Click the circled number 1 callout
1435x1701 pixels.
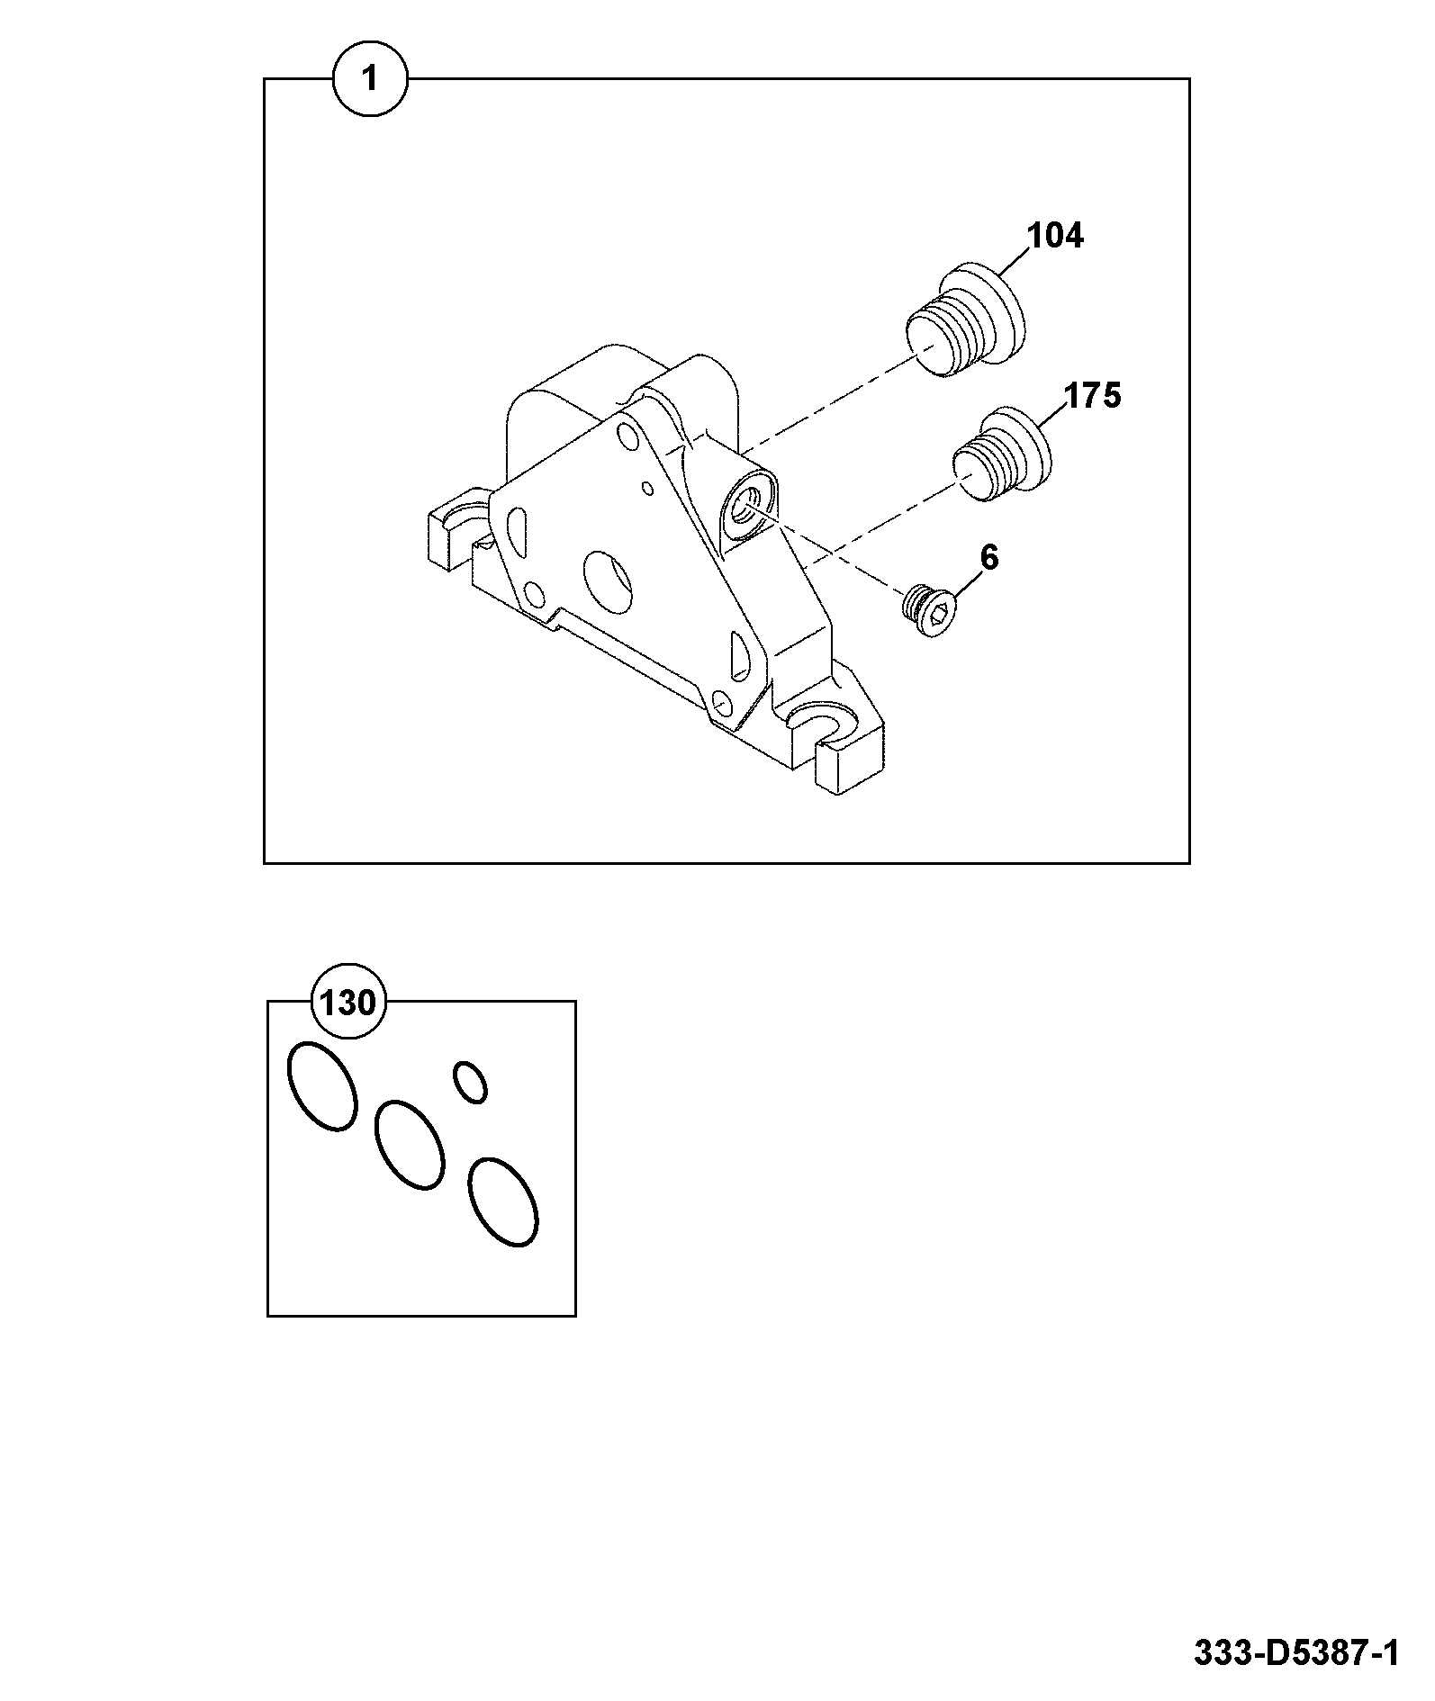pos(370,79)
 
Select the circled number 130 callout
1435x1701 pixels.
pos(348,1002)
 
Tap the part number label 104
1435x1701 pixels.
pos(1056,236)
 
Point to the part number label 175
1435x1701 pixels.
pos(1093,395)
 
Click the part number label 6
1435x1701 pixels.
pos(989,558)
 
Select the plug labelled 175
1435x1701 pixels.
pos(1002,458)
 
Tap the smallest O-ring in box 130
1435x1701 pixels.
pos(471,1081)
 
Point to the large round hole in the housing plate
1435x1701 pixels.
pos(609,578)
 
